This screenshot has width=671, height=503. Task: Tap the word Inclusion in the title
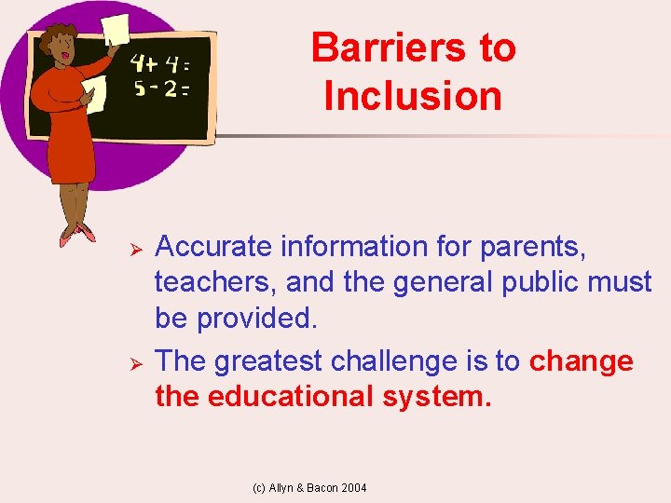[413, 96]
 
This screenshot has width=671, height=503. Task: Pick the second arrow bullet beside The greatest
[134, 360]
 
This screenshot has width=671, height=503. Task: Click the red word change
[581, 360]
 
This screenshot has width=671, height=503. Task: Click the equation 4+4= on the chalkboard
[160, 63]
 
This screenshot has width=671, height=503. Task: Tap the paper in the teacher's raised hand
[116, 28]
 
